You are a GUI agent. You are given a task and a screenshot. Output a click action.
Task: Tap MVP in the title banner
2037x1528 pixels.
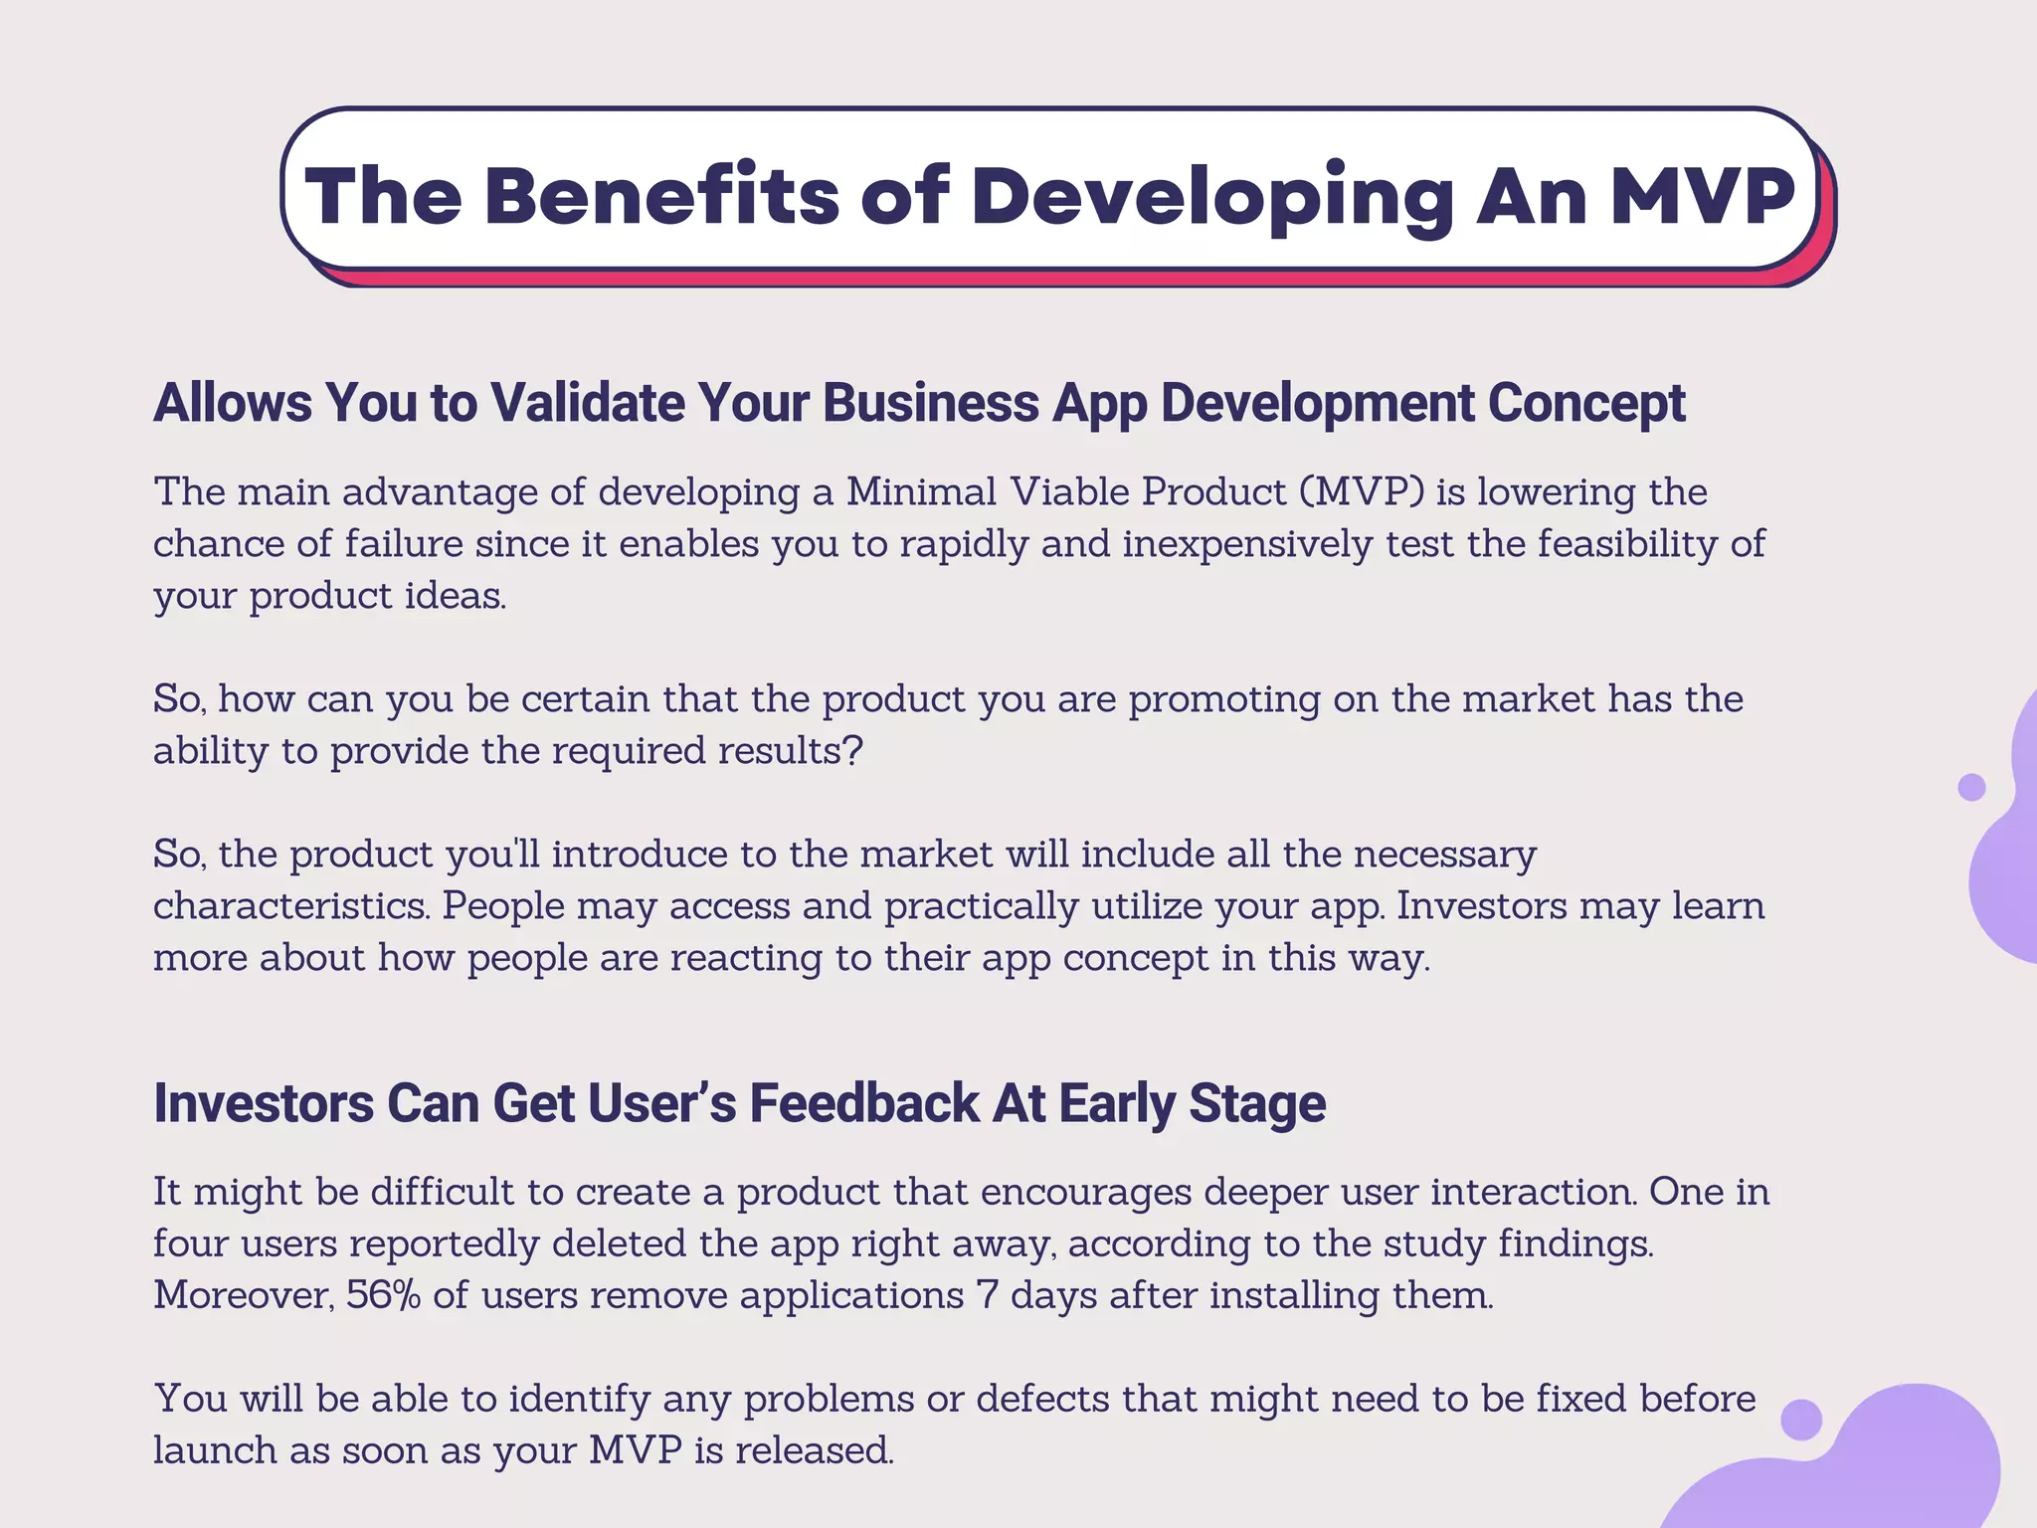coord(1702,195)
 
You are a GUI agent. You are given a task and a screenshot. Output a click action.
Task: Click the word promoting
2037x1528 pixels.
coord(1224,699)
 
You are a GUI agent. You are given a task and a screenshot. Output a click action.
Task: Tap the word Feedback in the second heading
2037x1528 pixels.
coord(864,1103)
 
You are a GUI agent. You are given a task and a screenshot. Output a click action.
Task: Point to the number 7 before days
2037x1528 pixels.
coord(987,1295)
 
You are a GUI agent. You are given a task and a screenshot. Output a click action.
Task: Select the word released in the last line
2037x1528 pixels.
coord(813,1450)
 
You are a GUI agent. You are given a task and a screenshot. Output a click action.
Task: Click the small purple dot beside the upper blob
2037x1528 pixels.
coord(1971,787)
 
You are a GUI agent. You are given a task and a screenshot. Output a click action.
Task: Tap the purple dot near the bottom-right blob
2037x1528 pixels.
coord(1801,1419)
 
